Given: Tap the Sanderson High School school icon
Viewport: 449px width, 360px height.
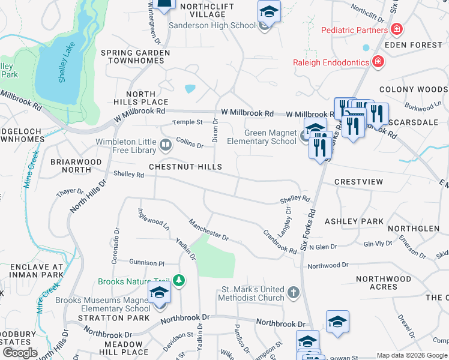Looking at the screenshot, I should (x=269, y=12).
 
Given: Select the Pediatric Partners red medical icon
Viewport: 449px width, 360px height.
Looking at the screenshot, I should (x=396, y=29).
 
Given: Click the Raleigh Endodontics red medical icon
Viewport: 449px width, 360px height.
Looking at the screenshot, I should (x=378, y=61).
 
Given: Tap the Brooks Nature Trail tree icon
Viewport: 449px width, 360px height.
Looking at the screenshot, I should (x=178, y=281).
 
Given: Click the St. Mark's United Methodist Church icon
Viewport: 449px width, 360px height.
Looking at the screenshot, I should (x=292, y=293).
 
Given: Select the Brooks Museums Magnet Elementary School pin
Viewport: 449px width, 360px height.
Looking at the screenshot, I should (x=160, y=293).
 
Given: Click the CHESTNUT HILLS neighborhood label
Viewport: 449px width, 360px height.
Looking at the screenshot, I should (x=185, y=167).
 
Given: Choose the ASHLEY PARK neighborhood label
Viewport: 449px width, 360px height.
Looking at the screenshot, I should (x=354, y=221).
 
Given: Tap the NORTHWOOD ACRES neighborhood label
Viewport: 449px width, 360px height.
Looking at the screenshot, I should (x=384, y=283).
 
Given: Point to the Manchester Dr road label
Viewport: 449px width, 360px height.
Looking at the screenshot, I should (x=209, y=230).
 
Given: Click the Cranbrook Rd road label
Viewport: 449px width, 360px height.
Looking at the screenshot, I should (x=279, y=241).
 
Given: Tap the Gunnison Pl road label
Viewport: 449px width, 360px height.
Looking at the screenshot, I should (x=147, y=263).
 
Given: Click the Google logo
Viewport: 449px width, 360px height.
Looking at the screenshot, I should (x=20, y=352).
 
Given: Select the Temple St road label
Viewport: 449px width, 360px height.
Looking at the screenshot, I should (x=188, y=122).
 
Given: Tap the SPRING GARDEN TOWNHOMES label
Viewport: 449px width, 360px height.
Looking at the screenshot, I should (x=134, y=57).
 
